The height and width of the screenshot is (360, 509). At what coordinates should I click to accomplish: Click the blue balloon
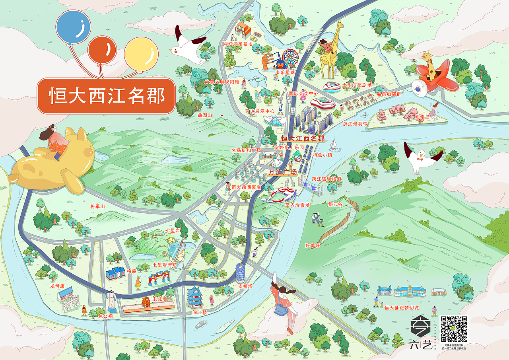click(74, 27)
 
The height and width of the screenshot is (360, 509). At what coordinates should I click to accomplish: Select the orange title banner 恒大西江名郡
click(106, 95)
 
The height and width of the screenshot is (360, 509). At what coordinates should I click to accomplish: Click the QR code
click(454, 329)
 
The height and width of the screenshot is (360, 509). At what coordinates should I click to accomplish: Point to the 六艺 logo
click(422, 332)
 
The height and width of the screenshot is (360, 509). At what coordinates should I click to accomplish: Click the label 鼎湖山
click(205, 115)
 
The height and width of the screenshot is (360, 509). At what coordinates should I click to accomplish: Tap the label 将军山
click(97, 206)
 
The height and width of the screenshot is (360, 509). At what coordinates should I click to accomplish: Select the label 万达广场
click(282, 173)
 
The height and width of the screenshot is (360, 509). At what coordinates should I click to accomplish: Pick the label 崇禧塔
click(245, 286)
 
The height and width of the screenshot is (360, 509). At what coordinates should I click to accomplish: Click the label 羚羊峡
click(312, 245)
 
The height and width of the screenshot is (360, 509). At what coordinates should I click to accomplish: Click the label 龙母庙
click(57, 286)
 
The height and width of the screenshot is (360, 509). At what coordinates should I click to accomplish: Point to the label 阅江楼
click(201, 313)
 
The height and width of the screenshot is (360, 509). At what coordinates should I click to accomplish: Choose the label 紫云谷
click(335, 204)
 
